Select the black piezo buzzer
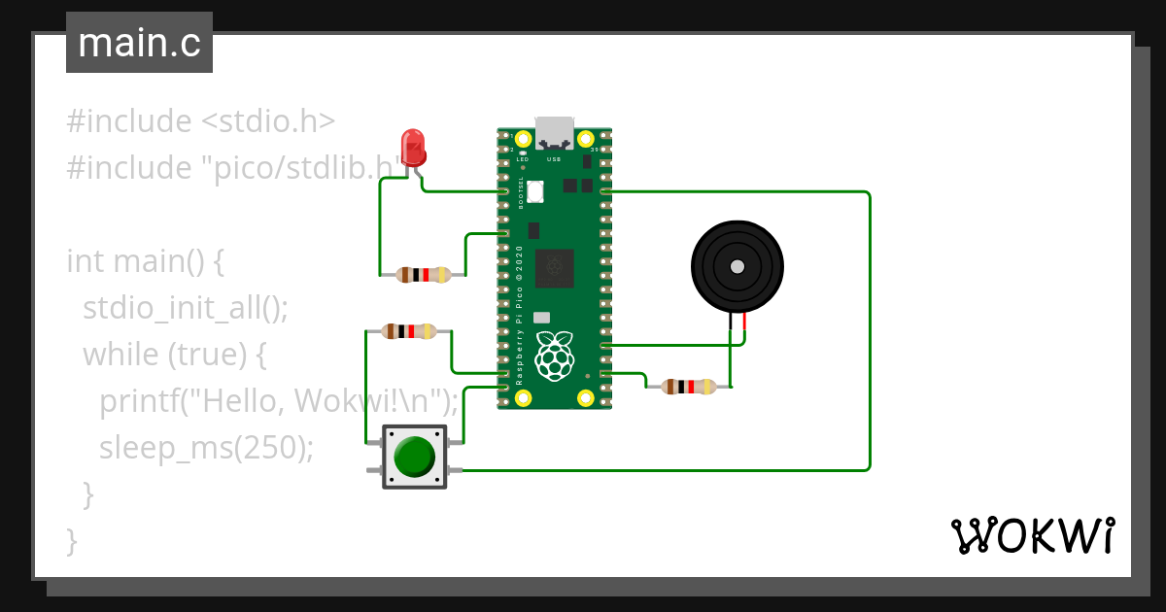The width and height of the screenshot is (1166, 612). tap(737, 266)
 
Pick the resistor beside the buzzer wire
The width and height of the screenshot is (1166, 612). tap(689, 387)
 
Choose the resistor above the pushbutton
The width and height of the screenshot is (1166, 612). tap(409, 331)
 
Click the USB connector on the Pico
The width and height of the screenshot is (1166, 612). tap(555, 132)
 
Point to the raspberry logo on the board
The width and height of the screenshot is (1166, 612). tap(555, 356)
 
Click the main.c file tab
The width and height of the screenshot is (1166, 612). tap(139, 43)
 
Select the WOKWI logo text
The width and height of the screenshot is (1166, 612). tap(1032, 536)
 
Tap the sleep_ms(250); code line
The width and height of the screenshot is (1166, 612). tap(207, 448)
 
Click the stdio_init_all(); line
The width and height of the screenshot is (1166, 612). tap(186, 308)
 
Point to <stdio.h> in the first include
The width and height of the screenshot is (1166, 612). tap(268, 121)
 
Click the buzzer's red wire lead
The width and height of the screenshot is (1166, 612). tap(745, 326)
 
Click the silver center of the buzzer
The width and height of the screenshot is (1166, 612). tap(737, 266)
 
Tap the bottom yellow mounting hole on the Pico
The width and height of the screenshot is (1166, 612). tap(585, 397)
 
